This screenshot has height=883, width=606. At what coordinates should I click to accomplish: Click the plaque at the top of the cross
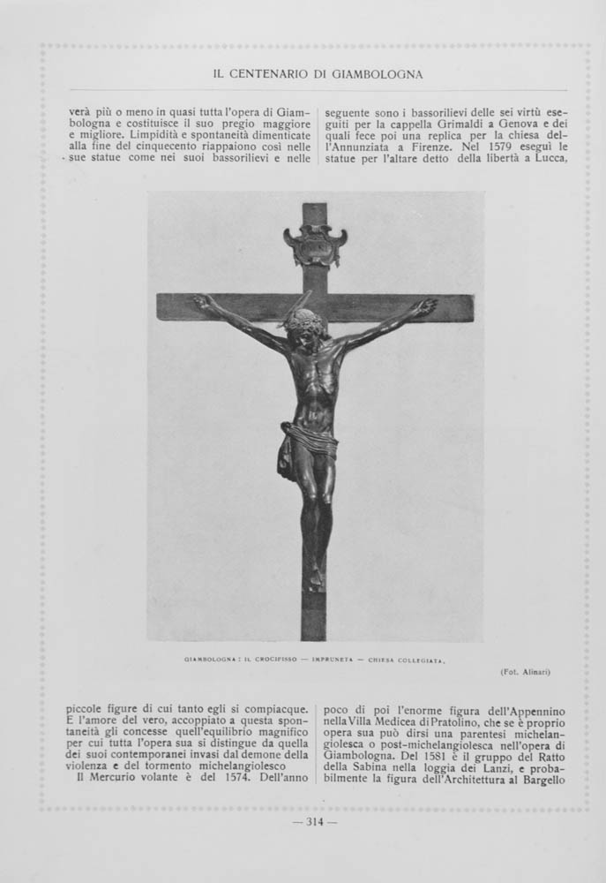(x=315, y=245)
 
